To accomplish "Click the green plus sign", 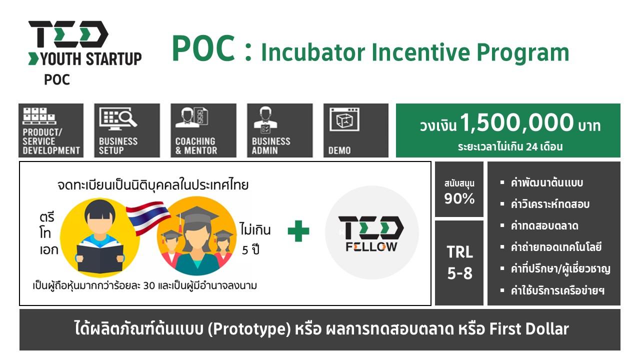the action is coord(298,231).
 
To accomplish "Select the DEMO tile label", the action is coord(339,150).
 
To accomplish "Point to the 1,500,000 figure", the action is coord(517,123).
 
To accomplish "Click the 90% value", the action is coord(459,198).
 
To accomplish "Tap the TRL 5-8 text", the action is coord(459,262).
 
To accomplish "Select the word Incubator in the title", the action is coord(313,52).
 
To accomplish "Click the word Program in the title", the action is coord(523,53).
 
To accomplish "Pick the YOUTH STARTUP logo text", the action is coord(91,59).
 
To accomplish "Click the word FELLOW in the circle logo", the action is coord(371,247).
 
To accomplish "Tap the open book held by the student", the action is coord(100,258).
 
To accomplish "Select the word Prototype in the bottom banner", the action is coord(249,329).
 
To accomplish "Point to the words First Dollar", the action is coord(529,328).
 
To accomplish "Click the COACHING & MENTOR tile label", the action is coord(196,145).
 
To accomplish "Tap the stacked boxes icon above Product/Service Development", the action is coord(39,116).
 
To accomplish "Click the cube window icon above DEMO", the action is coord(344,119).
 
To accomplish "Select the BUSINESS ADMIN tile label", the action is coord(271,145).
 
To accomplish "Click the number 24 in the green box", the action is coord(532,147).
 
